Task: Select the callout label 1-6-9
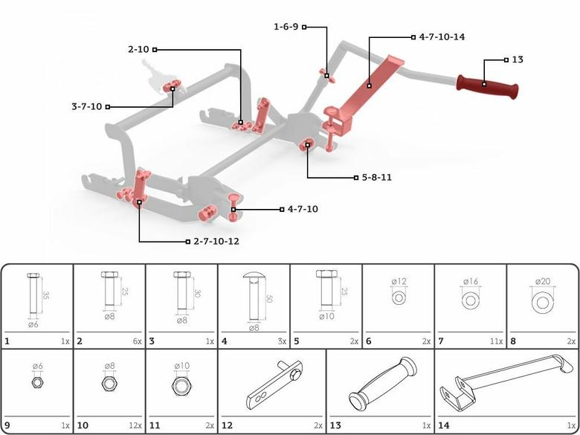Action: click(x=286, y=27)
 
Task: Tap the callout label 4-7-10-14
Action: click(x=442, y=36)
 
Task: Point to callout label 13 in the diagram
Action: click(x=518, y=59)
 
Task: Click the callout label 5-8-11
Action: click(x=376, y=178)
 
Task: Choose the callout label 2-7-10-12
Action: click(x=216, y=241)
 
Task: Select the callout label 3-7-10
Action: click(x=87, y=106)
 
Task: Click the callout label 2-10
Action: click(x=138, y=49)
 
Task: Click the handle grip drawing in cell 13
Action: click(x=379, y=388)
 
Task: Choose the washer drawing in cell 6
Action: click(x=399, y=297)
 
